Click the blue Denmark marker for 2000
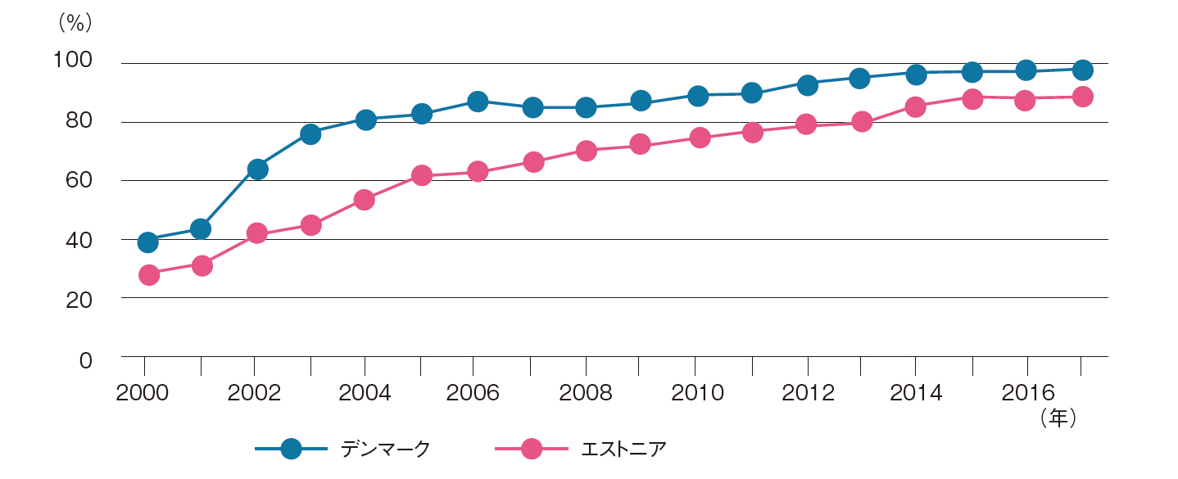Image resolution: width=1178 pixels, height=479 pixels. click(147, 242)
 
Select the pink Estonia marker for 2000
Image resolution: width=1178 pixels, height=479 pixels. click(148, 274)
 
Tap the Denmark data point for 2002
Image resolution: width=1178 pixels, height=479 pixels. click(257, 169)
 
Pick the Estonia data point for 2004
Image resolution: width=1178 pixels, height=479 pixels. click(365, 200)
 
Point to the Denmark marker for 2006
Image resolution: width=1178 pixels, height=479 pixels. click(478, 102)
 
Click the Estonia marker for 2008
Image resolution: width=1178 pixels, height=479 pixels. click(586, 151)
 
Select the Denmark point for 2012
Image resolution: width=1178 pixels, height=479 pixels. click(807, 84)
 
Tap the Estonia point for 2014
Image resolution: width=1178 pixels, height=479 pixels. click(916, 106)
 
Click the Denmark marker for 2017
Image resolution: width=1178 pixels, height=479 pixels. click(1082, 70)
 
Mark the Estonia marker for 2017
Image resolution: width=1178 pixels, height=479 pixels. click(1082, 97)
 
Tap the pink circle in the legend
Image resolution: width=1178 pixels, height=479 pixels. click(531, 449)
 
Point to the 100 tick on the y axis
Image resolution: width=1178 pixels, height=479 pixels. click(73, 61)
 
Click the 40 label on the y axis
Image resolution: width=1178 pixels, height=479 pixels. click(79, 241)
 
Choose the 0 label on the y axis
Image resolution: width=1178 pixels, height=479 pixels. click(86, 360)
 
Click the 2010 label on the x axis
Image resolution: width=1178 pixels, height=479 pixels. click(697, 392)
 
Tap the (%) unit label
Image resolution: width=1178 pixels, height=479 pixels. click(73, 23)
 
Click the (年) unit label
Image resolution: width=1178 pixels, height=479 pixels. click(1057, 418)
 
